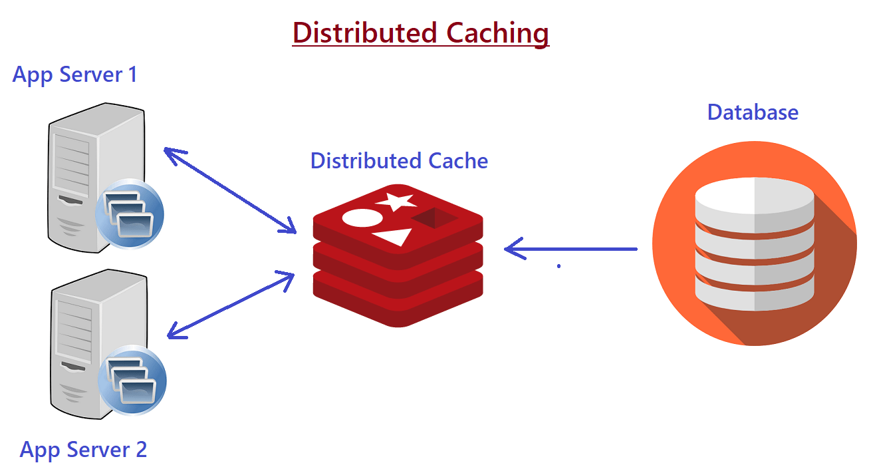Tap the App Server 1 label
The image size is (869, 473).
tap(75, 74)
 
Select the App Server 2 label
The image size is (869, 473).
tap(83, 450)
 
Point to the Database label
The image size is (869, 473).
tap(753, 112)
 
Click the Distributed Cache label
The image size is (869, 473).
tap(399, 160)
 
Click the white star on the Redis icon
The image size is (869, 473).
tap(396, 200)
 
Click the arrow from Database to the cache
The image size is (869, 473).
tap(572, 249)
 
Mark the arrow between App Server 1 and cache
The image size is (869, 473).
tap(229, 190)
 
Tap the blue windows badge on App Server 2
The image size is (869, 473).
tap(132, 379)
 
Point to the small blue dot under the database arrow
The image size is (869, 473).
tap(559, 266)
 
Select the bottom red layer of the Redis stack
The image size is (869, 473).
tap(398, 306)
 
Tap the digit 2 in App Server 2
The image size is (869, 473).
tap(140, 450)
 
